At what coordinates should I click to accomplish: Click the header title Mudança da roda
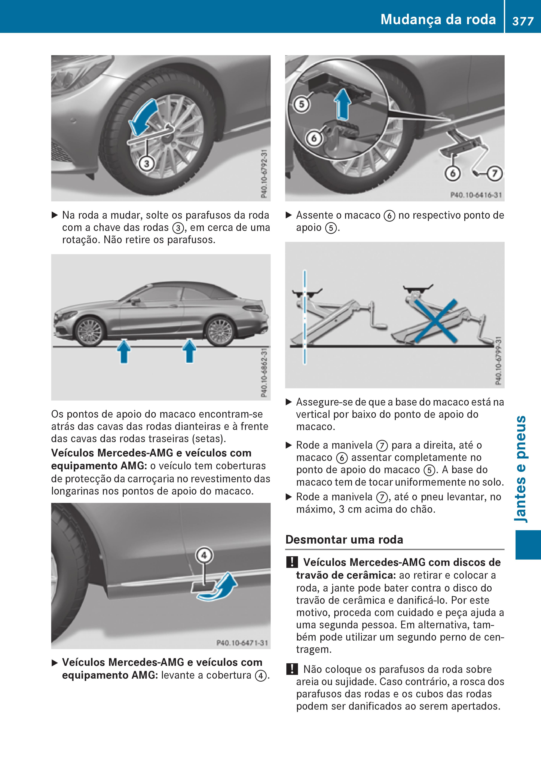click(438, 19)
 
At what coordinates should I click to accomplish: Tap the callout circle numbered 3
click(146, 164)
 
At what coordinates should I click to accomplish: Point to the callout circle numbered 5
click(302, 104)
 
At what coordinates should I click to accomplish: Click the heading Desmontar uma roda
click(344, 539)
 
